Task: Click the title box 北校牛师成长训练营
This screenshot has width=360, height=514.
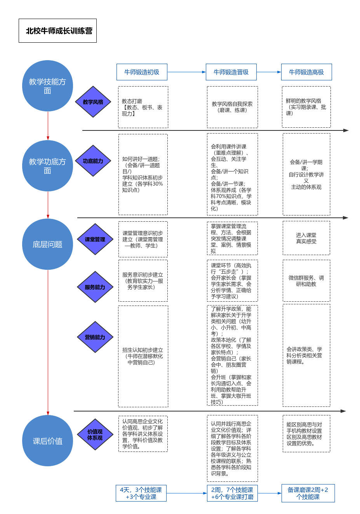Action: (57, 31)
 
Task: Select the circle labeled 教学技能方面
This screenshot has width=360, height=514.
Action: (47, 86)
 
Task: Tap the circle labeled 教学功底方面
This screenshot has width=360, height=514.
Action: (47, 166)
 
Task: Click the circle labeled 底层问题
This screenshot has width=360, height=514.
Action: (47, 244)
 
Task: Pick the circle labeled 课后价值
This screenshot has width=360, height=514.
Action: (47, 441)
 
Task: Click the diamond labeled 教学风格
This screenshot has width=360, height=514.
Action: (93, 102)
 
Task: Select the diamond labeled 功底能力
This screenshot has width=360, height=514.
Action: (93, 161)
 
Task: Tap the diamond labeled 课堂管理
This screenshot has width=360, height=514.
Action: (95, 239)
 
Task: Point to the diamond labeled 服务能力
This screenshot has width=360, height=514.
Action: (95, 287)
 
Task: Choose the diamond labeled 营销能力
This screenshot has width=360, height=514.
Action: (95, 337)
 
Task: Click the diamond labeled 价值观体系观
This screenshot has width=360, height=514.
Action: (95, 434)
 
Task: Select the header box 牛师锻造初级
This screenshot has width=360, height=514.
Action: (142, 72)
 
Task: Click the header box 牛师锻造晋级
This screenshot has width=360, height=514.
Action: (231, 72)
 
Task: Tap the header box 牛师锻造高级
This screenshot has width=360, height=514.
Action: (306, 72)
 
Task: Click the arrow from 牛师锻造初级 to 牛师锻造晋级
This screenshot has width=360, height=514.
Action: (186, 72)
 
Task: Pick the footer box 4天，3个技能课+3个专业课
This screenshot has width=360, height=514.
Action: (141, 493)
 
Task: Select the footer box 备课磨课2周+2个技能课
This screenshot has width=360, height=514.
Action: (308, 493)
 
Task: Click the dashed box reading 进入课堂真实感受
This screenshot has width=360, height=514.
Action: (306, 238)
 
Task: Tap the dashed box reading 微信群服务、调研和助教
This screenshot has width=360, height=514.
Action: (306, 281)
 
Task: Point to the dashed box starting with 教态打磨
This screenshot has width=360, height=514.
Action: (143, 107)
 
